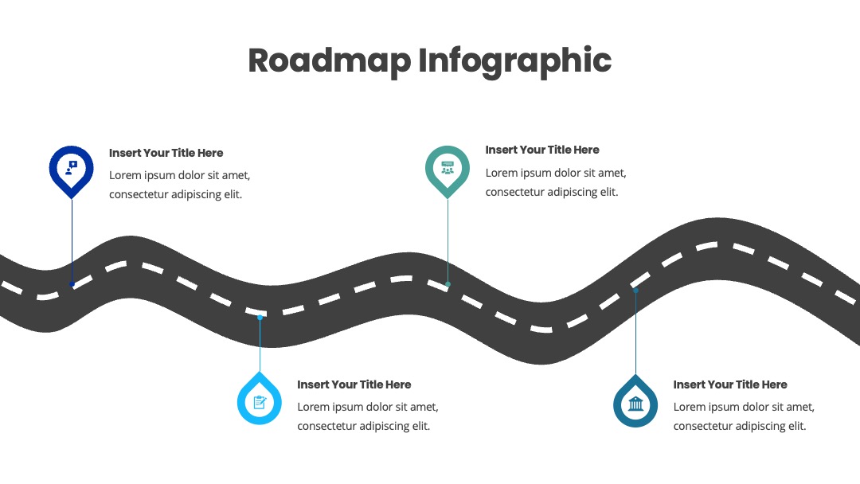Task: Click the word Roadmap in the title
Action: tap(330, 61)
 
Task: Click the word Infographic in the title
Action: tap(515, 61)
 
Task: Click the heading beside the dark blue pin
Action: tap(166, 153)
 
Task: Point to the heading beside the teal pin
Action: tap(542, 150)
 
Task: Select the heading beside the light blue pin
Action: tap(354, 384)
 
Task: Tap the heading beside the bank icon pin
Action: tap(730, 384)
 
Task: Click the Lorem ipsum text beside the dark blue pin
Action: tap(180, 185)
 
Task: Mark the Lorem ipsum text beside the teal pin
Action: tap(556, 182)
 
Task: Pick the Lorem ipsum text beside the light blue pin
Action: tap(368, 416)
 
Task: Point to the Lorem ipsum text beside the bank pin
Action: tap(745, 416)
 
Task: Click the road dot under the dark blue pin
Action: tap(72, 284)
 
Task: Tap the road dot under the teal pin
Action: tap(448, 284)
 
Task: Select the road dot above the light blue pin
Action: tap(260, 318)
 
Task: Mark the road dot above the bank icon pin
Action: tap(635, 291)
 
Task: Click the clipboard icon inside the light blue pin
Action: tap(260, 403)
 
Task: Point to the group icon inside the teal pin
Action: tap(448, 168)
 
